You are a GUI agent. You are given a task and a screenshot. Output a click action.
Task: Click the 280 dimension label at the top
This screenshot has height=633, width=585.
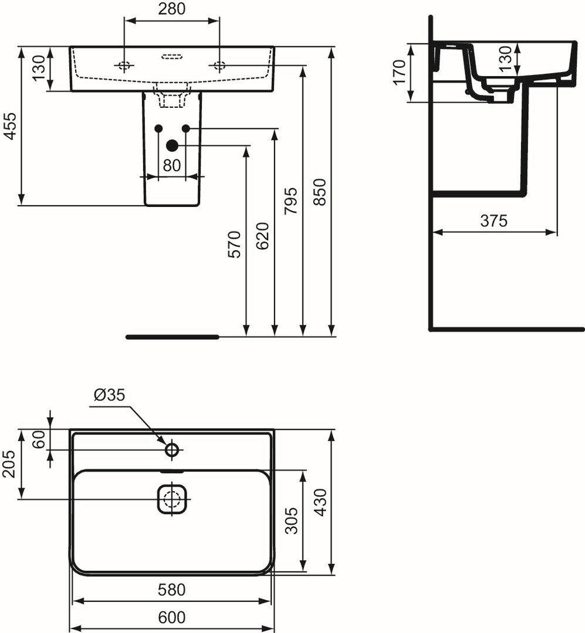click(x=171, y=8)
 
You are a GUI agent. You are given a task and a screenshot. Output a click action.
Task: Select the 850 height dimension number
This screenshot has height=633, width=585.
click(x=320, y=192)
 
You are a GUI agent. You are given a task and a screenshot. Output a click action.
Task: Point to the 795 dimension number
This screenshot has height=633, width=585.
click(x=290, y=200)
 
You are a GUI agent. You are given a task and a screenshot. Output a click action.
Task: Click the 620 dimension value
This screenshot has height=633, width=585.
click(x=262, y=236)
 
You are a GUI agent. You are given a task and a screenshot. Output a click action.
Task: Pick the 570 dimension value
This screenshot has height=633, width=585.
click(x=235, y=244)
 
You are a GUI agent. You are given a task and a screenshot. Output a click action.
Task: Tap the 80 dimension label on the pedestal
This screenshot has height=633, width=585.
click(x=172, y=165)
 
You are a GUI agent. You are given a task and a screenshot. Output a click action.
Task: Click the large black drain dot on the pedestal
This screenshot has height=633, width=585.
click(x=173, y=145)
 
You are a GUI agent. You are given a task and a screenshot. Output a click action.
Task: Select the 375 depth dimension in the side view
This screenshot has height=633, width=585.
click(x=493, y=221)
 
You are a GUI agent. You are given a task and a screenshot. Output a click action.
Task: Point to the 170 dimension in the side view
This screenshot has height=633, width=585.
click(x=400, y=73)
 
